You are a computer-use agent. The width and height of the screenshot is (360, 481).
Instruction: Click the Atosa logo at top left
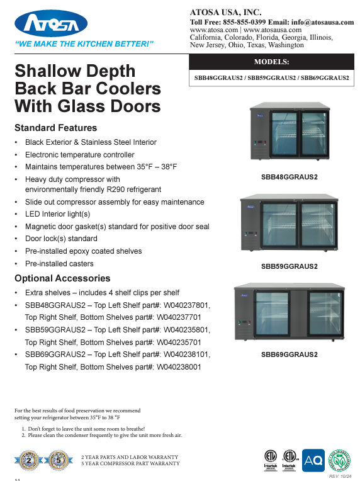point(51,25)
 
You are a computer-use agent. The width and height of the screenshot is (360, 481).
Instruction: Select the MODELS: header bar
point(271,62)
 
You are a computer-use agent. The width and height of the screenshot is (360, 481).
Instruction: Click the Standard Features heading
point(55,128)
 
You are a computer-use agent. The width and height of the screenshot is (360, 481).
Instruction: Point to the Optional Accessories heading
point(62,278)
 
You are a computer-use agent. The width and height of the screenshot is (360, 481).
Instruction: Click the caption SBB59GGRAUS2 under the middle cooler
point(290,266)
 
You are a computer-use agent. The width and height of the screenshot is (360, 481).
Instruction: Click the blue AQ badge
point(313,460)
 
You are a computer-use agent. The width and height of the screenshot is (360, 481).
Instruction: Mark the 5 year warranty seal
point(58,460)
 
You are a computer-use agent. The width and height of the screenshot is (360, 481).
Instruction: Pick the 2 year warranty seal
point(26,460)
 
